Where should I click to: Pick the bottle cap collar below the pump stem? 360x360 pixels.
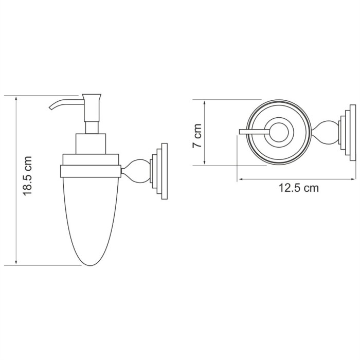91,144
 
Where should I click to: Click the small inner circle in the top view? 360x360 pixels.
280,133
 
